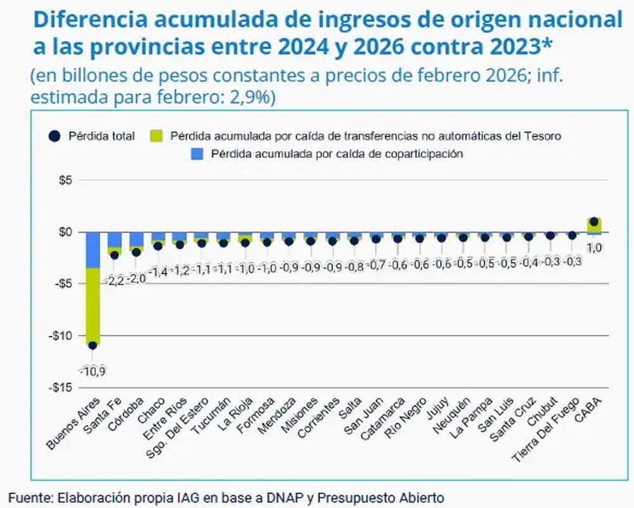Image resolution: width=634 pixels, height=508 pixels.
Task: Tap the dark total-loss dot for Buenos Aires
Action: [93, 346]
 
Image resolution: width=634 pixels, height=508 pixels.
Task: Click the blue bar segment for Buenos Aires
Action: [93, 250]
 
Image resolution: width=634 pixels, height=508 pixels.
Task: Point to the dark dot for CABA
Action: [594, 222]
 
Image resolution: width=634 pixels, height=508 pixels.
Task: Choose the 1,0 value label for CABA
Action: [594, 248]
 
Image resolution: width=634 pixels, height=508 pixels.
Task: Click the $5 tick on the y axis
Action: [65, 180]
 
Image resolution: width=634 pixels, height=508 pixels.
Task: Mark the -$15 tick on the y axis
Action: [61, 388]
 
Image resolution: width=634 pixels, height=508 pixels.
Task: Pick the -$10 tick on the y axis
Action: [61, 335]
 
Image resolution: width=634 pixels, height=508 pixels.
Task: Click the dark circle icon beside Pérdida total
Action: [55, 136]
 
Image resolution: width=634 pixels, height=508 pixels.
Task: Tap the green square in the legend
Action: [155, 136]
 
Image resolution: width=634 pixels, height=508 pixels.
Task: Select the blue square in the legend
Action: [197, 153]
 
